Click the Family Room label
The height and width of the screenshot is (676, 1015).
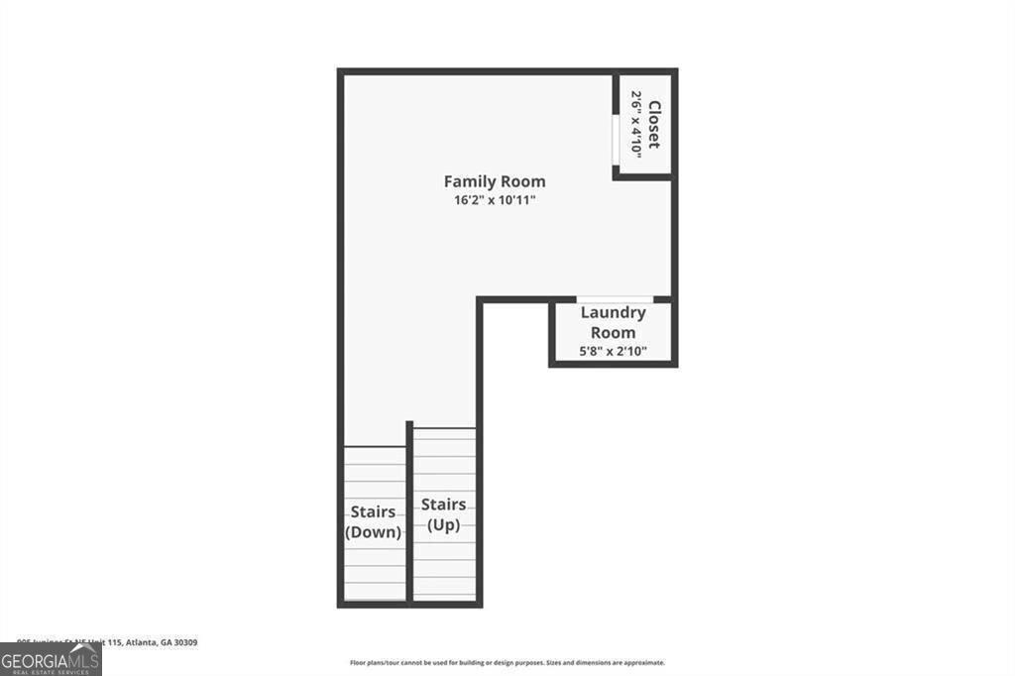pyautogui.click(x=494, y=181)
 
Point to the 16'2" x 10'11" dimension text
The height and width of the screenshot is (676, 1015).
pyautogui.click(x=494, y=200)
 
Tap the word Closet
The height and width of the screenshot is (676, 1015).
pyautogui.click(x=653, y=125)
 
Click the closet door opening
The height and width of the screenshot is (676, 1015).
pyautogui.click(x=616, y=138)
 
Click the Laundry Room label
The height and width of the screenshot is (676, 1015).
pyautogui.click(x=613, y=322)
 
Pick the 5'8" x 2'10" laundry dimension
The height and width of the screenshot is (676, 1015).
pyautogui.click(x=613, y=350)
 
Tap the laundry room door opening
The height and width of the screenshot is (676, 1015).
pyautogui.click(x=615, y=299)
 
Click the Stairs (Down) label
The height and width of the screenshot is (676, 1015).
pyautogui.click(x=373, y=521)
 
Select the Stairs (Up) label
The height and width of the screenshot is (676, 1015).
pyautogui.click(x=443, y=514)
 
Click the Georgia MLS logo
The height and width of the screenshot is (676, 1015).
pyautogui.click(x=50, y=658)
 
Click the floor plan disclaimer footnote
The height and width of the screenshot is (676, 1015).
pyautogui.click(x=507, y=662)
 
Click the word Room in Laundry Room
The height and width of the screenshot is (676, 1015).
pyautogui.click(x=613, y=332)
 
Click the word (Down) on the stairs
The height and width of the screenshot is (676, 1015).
pyautogui.click(x=373, y=532)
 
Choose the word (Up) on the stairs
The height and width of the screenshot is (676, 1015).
pyautogui.click(x=443, y=525)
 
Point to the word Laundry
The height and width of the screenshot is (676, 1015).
pyautogui.click(x=613, y=312)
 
